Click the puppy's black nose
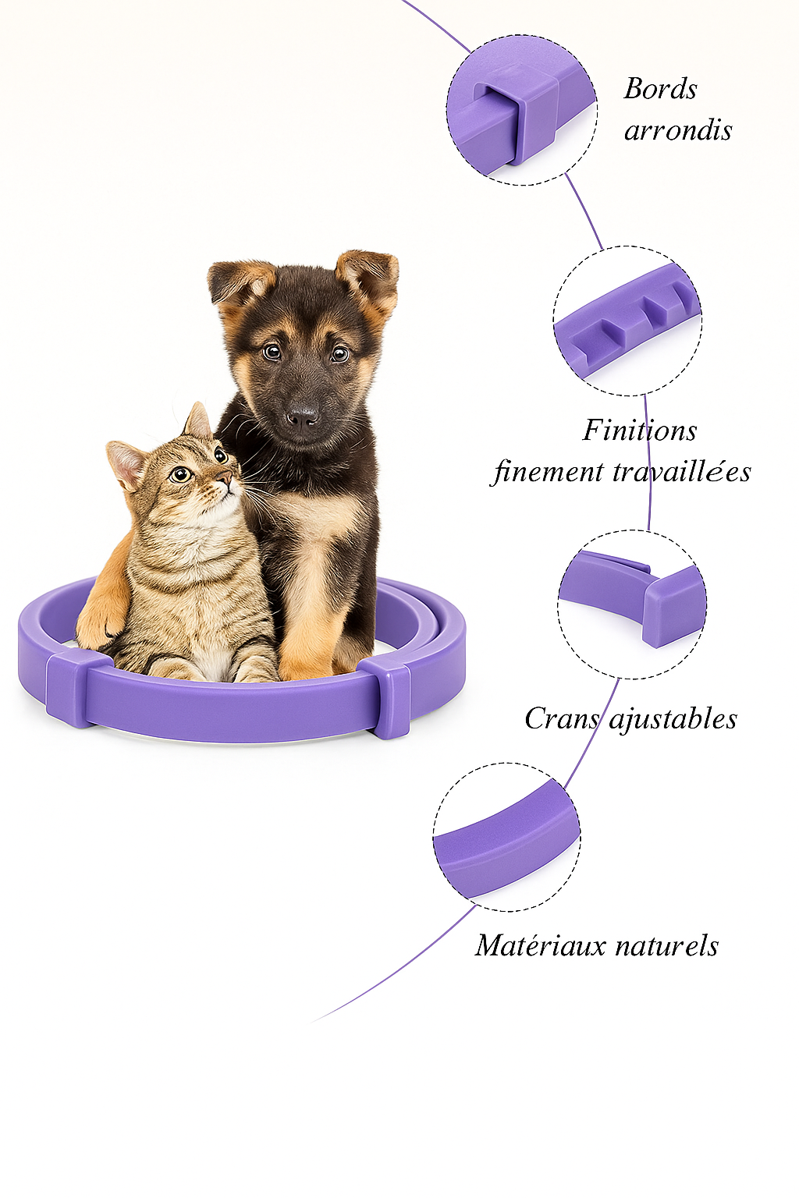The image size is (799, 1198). [302, 416]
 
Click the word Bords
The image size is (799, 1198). [660, 89]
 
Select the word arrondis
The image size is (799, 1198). [678, 130]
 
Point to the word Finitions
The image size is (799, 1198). [640, 431]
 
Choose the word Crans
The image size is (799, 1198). [561, 718]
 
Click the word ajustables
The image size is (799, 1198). [673, 718]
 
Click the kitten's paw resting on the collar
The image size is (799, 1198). [99, 625]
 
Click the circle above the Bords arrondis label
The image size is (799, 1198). [522, 110]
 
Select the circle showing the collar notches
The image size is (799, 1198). [627, 321]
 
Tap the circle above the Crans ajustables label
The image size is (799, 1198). [632, 604]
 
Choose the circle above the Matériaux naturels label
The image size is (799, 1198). [507, 837]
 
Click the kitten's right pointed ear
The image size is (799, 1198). [199, 420]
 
